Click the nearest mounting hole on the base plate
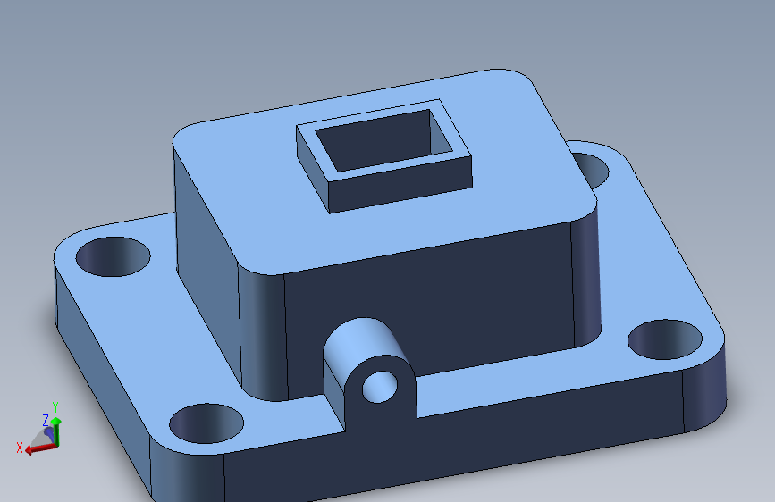point(206,423)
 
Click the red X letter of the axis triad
point(20,448)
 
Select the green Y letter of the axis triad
point(55,407)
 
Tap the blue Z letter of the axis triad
point(46,419)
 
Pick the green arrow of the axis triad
point(55,428)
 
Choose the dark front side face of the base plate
point(447,456)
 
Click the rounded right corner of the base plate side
point(706,393)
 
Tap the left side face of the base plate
point(98,375)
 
